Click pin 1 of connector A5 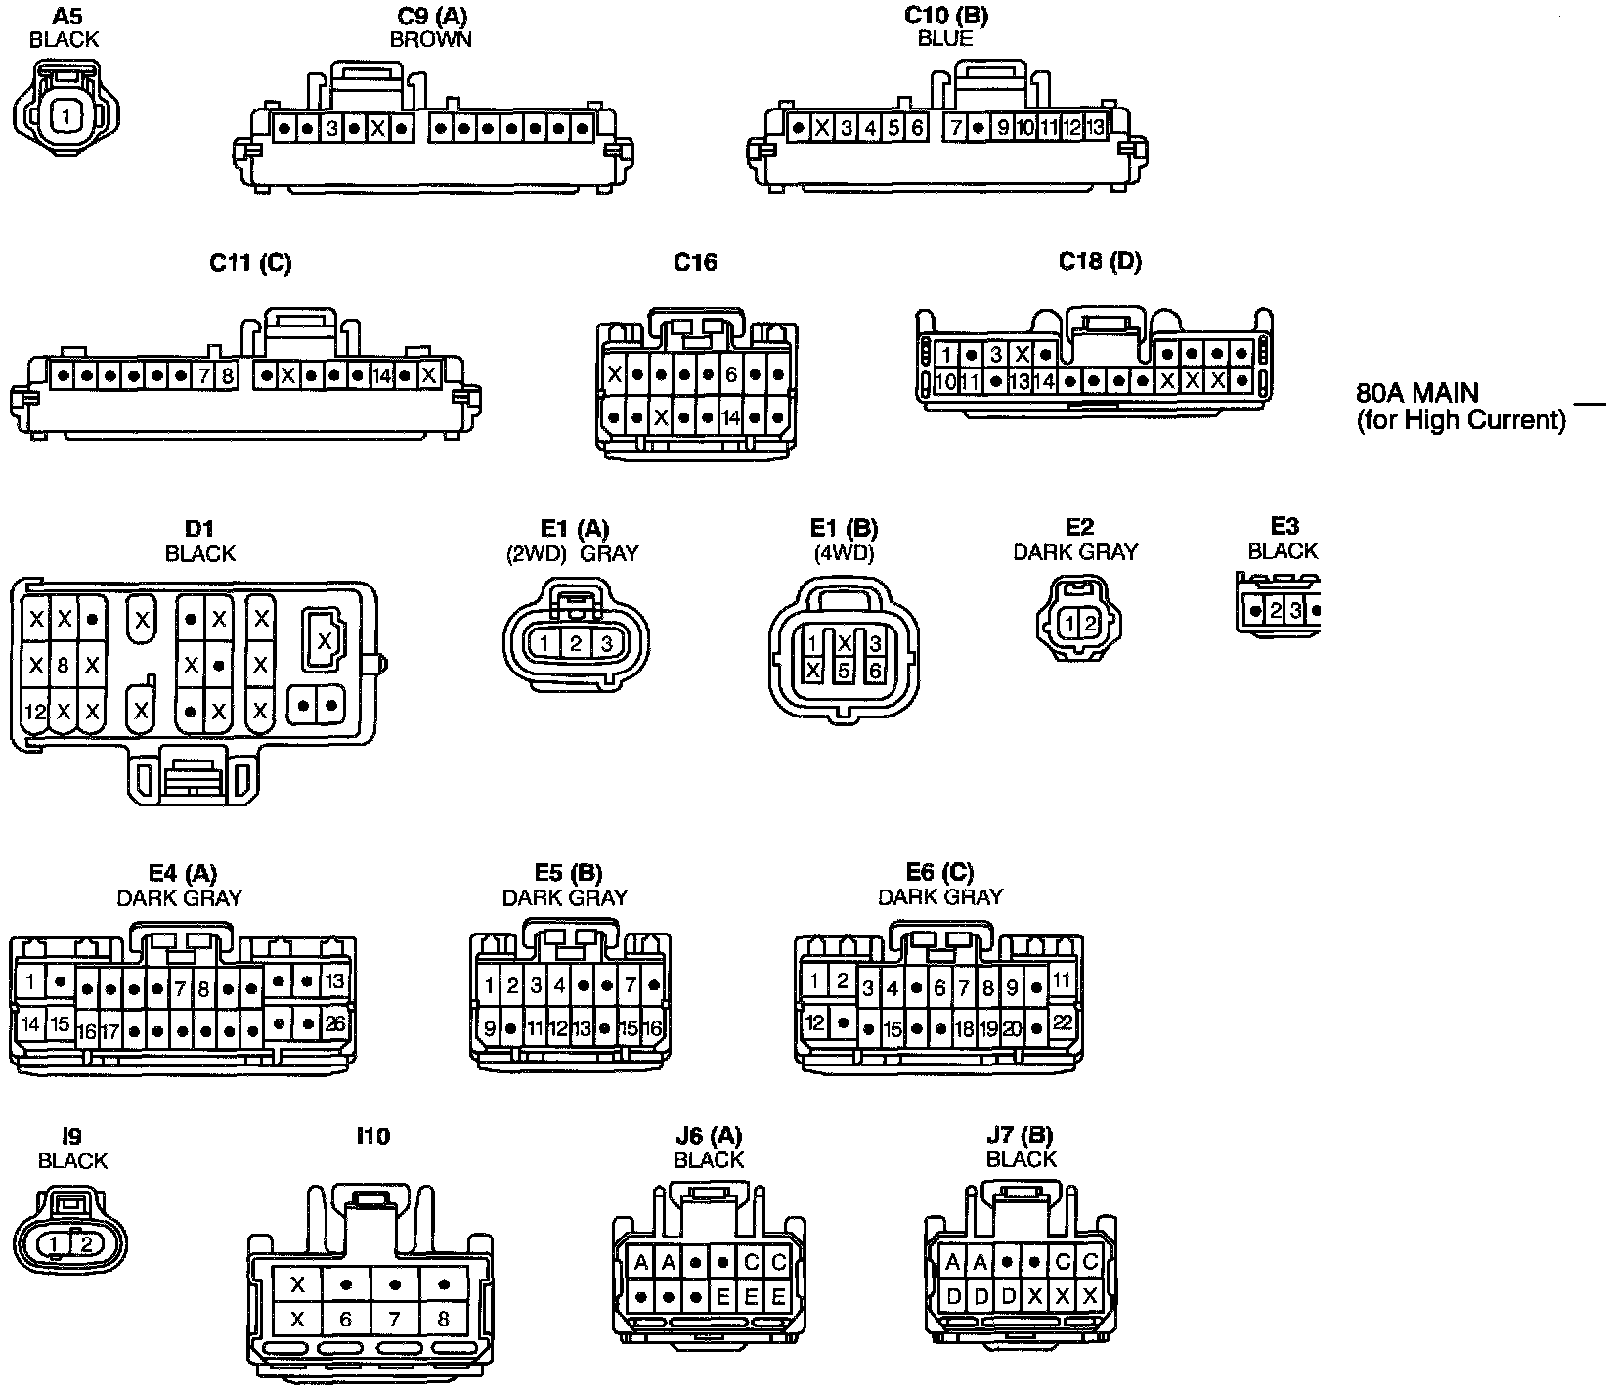[65, 116]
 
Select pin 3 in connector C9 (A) [332, 128]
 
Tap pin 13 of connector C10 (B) [1095, 127]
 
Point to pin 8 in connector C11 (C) [227, 375]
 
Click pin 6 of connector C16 [730, 373]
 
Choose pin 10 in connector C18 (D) [945, 381]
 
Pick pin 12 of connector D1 [35, 711]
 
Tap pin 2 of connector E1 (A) [576, 643]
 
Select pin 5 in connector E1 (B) [845, 672]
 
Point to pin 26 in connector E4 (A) [335, 1024]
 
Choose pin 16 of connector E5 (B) [652, 1028]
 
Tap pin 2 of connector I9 [86, 1243]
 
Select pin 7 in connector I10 [394, 1320]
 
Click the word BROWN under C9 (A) [430, 40]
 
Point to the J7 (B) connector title [1021, 1136]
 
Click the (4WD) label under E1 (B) [844, 552]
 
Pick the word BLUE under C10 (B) [945, 39]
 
